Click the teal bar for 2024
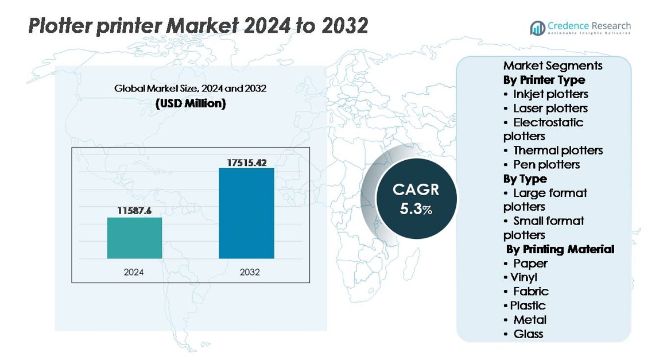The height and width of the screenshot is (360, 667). tap(134, 238)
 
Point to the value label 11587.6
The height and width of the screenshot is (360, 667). tap(134, 211)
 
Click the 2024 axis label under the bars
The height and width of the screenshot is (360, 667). tap(134, 272)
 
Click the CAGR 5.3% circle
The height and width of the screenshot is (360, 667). tap(416, 198)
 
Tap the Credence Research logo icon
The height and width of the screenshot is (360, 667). tap(538, 28)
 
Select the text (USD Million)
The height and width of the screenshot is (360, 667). tap(190, 104)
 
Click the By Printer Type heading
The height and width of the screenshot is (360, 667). tap(544, 80)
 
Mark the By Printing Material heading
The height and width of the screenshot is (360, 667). tap(560, 249)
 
